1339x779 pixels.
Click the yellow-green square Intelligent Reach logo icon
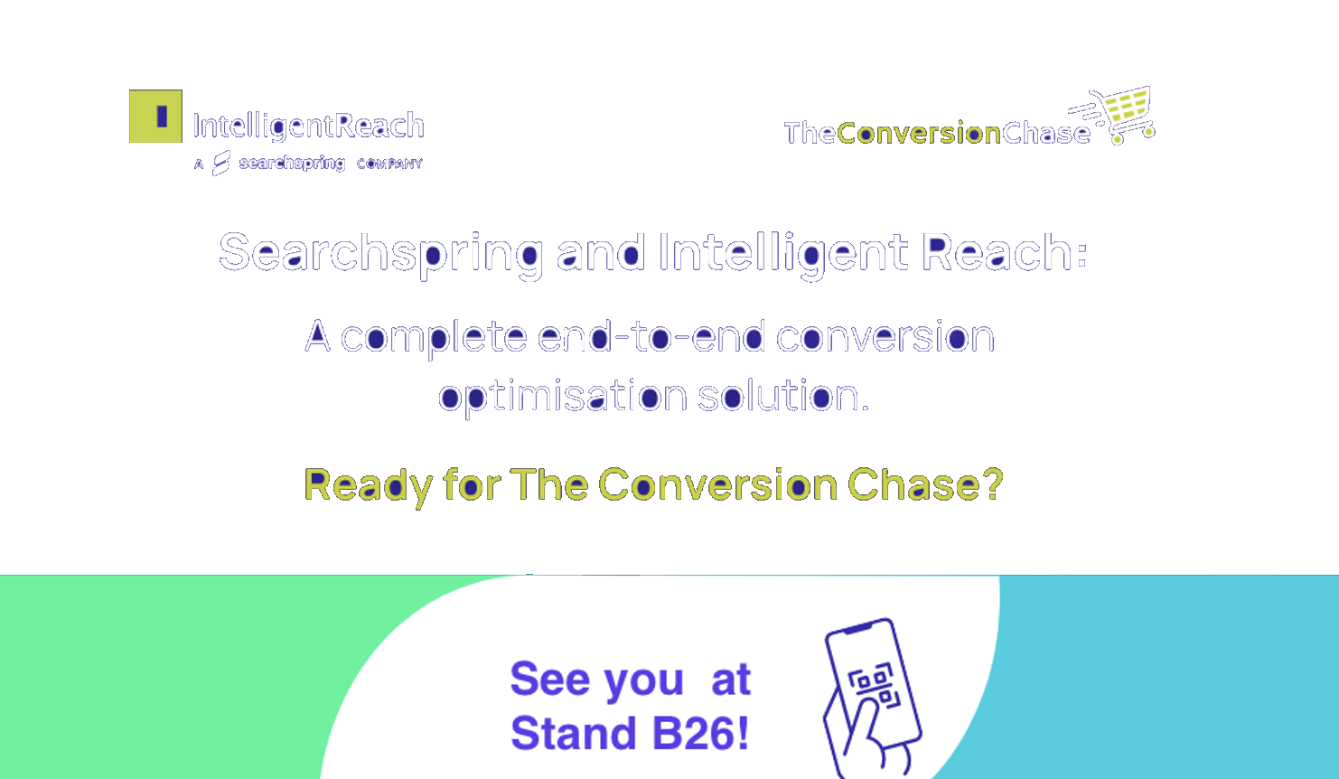pos(155,116)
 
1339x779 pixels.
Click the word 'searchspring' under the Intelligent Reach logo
pos(292,164)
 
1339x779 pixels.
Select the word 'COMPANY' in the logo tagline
pos(389,164)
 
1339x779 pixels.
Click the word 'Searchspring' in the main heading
pos(381,254)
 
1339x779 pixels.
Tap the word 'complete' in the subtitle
pos(434,338)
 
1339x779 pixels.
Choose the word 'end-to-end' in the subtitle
pos(651,336)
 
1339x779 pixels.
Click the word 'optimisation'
pos(563,397)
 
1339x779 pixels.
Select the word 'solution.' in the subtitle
pos(783,395)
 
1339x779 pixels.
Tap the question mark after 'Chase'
pos(993,483)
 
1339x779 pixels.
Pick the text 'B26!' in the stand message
pos(700,734)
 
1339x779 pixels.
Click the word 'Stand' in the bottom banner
pos(573,734)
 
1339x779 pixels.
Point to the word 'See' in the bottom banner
pos(550,679)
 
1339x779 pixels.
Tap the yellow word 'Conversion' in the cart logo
pos(919,133)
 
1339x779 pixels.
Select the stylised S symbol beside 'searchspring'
pos(221,163)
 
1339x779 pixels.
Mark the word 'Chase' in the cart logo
pos(1046,133)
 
